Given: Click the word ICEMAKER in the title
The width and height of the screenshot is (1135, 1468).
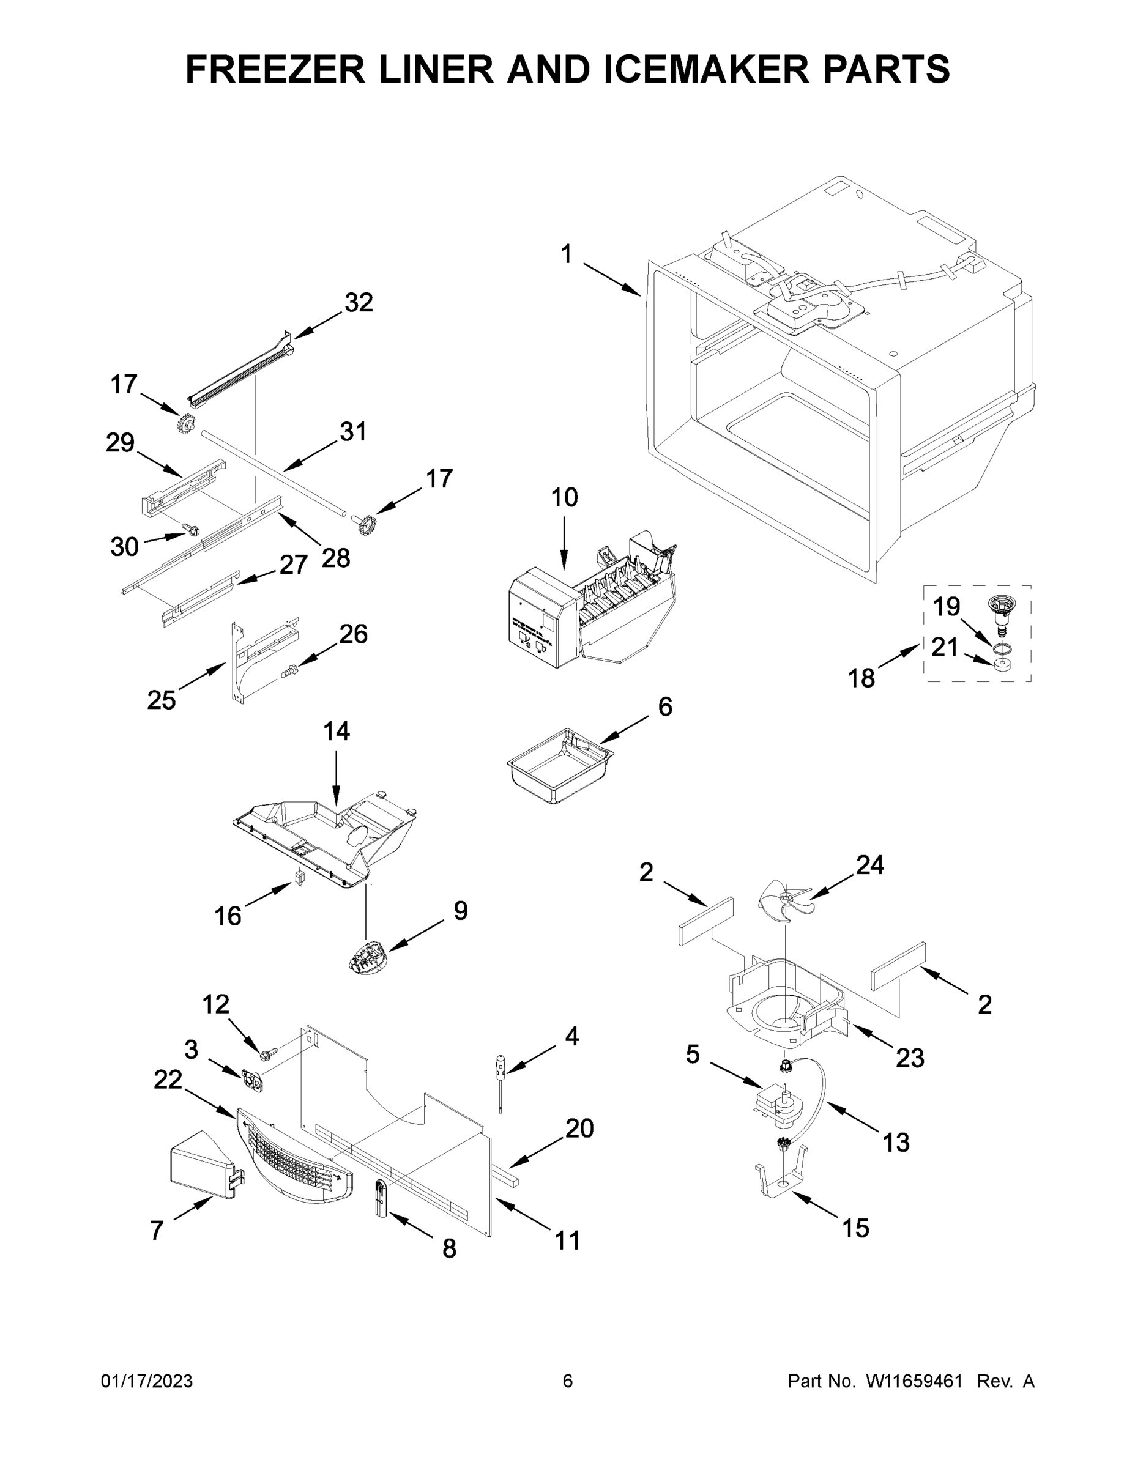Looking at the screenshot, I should (x=707, y=69).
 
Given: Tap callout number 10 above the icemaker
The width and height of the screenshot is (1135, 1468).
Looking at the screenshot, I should (x=564, y=498).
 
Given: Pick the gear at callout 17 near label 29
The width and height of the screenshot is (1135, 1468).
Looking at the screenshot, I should (x=186, y=424).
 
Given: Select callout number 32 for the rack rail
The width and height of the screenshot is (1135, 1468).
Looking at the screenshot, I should (x=359, y=303).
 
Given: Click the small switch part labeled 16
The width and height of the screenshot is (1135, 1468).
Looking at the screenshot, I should (x=300, y=877).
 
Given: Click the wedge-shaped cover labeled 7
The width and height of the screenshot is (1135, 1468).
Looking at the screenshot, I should (x=202, y=1170).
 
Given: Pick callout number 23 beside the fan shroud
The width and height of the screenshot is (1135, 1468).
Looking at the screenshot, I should (x=910, y=1059).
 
